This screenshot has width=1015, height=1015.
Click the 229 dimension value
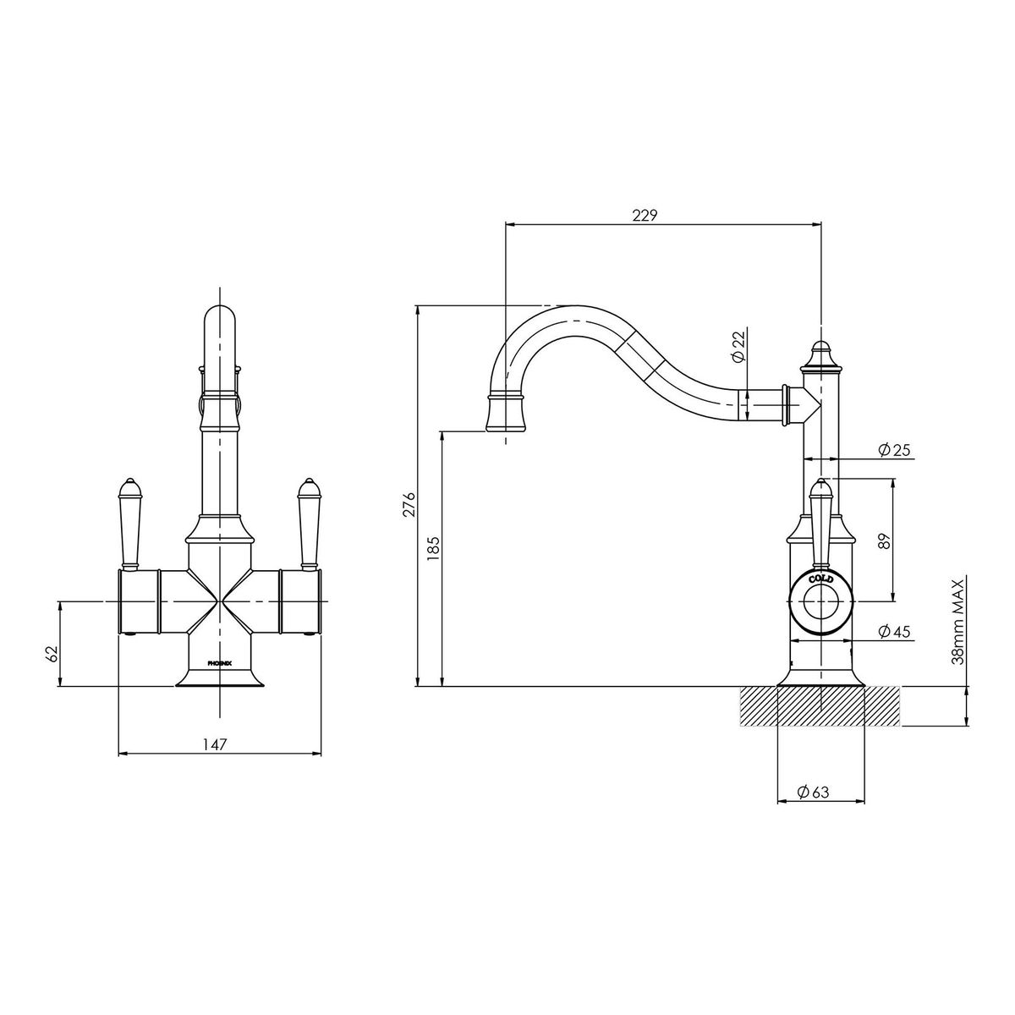(645, 215)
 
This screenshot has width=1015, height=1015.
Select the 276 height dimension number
(409, 505)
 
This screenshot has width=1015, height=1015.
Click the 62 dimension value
(51, 655)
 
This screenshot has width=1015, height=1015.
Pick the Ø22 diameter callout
(739, 346)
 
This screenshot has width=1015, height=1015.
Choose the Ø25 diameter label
(894, 449)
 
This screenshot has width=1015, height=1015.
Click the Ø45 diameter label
(894, 630)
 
